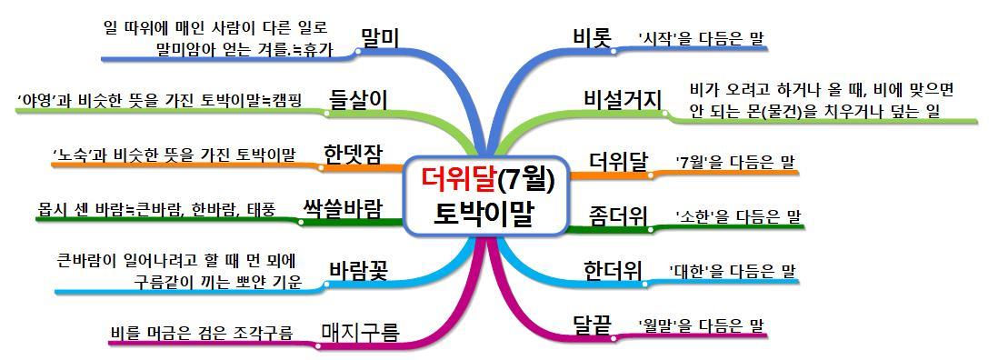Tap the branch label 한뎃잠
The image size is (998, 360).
coord(353,154)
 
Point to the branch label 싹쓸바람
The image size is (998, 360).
coord(342,205)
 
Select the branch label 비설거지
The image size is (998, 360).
coord(624,99)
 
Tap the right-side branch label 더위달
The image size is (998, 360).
coord(618,162)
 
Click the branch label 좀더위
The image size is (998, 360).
coord(618,215)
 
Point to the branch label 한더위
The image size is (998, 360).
coord(613,270)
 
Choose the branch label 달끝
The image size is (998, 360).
coord(592,325)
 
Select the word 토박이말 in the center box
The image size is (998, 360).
coord(485,214)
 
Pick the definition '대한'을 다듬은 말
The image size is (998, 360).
coord(732,271)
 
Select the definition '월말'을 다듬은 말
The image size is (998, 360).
coord(700,325)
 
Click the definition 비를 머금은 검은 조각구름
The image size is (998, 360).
coord(201,333)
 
